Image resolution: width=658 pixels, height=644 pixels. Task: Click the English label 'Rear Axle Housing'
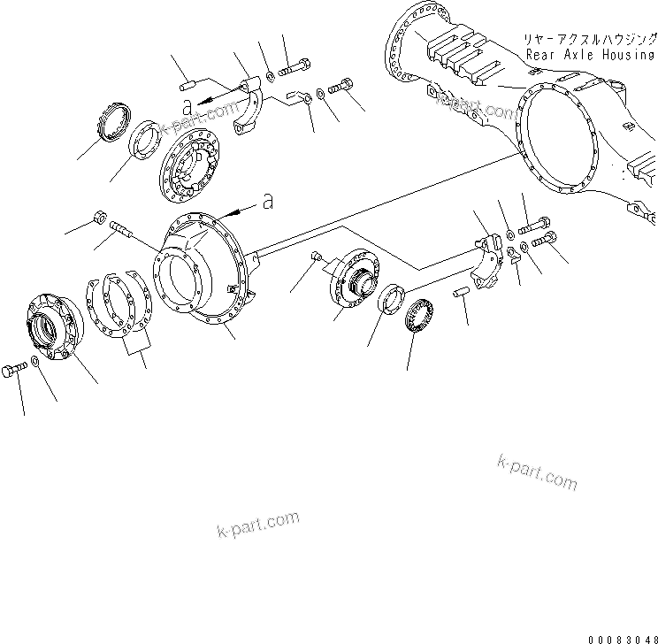591,54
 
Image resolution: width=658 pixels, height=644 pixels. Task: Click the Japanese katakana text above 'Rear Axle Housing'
591,40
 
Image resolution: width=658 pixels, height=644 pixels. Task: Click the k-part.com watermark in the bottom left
257,525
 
